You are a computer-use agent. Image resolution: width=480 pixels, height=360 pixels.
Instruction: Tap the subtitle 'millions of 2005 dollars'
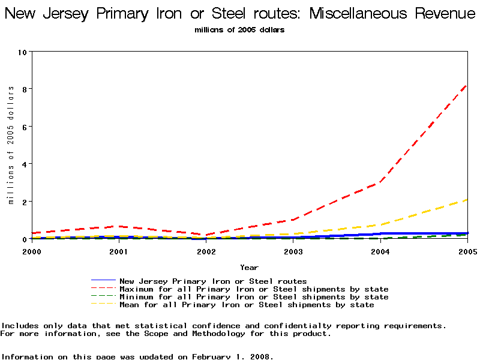click(x=239, y=30)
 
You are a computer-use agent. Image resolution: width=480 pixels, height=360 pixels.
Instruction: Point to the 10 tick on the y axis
click(x=24, y=52)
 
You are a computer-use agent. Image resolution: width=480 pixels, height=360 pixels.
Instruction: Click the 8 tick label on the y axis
click(x=25, y=89)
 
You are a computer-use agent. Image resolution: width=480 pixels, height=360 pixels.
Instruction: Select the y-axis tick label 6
click(x=25, y=127)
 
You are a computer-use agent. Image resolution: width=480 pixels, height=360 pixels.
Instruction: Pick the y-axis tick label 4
click(x=25, y=164)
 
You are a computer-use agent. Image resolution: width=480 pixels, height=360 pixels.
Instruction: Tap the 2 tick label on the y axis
click(x=25, y=202)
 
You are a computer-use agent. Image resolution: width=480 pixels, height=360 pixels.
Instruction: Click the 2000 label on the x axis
click(x=31, y=251)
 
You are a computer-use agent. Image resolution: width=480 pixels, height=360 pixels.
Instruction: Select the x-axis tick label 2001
click(x=118, y=251)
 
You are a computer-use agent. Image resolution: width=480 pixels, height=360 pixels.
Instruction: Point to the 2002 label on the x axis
click(x=206, y=251)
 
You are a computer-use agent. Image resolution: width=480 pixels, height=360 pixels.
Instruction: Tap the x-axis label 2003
click(x=293, y=251)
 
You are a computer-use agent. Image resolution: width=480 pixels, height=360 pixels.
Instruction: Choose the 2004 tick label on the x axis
click(x=380, y=251)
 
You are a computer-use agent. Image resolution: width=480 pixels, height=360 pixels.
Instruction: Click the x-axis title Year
click(x=249, y=267)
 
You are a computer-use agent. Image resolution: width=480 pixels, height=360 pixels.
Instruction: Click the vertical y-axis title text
click(x=11, y=145)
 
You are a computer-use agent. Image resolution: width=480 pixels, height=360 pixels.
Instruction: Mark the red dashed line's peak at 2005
click(x=467, y=85)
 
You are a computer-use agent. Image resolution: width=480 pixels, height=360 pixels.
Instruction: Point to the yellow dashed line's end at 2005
click(x=467, y=200)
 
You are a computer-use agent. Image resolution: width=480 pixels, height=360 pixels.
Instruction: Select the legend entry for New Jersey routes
click(x=213, y=281)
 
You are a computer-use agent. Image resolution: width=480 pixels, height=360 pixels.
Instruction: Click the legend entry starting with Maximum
click(x=254, y=289)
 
